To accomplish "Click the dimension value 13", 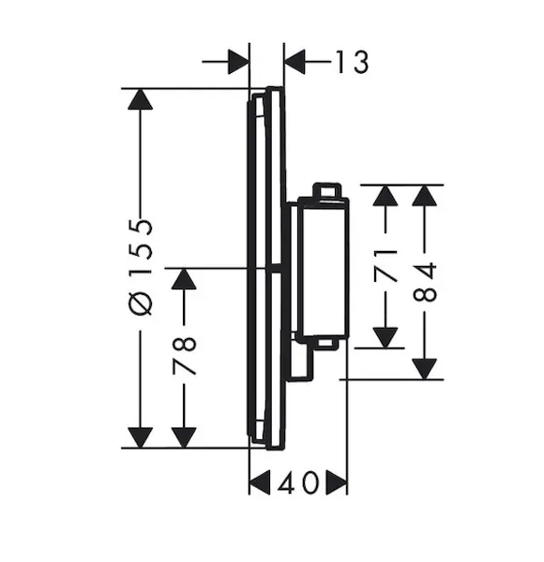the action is (352, 62).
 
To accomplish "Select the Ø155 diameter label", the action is (141, 268).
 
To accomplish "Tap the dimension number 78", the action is (184, 356).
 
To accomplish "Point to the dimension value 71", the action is (385, 265).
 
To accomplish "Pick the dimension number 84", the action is (425, 282).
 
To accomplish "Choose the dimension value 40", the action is (298, 482).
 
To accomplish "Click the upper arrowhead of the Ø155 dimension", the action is (141, 99).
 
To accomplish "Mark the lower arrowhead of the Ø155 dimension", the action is (141, 437).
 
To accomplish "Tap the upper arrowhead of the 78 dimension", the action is (184, 279).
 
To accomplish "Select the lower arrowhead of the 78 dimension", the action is (184, 437).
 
